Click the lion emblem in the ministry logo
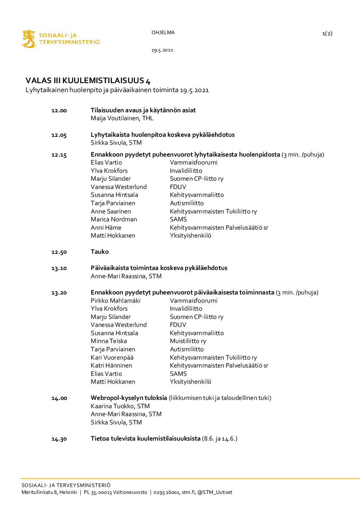tap(28, 39)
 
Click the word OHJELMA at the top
tap(163, 32)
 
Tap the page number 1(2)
tap(327, 33)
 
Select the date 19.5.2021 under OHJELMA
tap(162, 50)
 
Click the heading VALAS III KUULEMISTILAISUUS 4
tap(88, 81)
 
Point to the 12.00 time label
tap(59, 111)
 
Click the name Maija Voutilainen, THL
tap(122, 118)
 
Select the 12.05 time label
tap(59, 135)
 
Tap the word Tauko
tap(100, 252)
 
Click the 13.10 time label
tap(59, 268)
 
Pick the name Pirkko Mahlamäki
tap(116, 301)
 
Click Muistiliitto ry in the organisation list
tap(188, 341)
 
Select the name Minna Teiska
tap(109, 341)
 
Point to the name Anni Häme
tap(106, 228)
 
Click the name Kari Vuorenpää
tap(112, 357)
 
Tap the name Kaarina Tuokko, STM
tap(120, 406)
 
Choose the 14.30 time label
tap(59, 439)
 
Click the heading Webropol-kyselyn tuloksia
tap(129, 398)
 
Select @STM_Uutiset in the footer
tap(215, 492)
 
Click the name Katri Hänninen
tap(111, 365)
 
